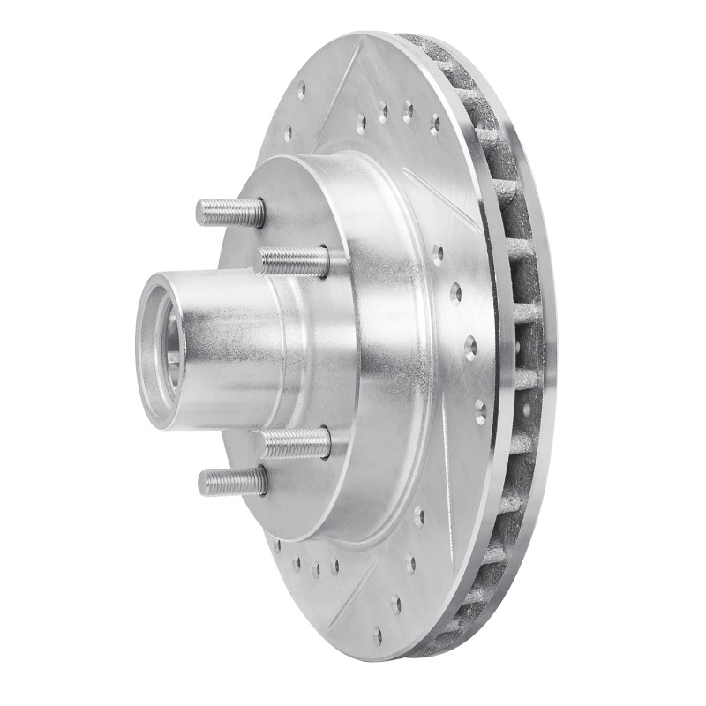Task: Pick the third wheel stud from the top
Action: (295, 442)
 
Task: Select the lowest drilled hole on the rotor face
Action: (378, 633)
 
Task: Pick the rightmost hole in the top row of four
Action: (434, 124)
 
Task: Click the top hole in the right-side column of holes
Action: (438, 254)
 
